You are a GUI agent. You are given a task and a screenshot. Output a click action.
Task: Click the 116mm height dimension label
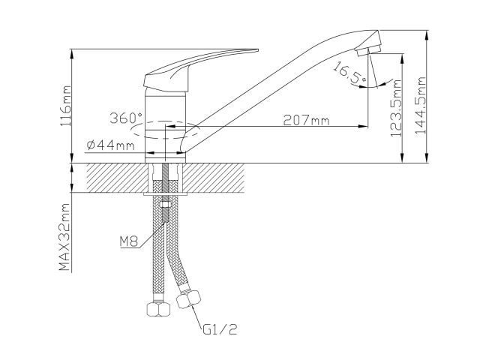coord(68,105)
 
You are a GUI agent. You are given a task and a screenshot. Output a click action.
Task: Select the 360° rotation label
coord(125,118)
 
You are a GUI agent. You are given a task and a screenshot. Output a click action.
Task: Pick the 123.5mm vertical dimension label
coord(398,106)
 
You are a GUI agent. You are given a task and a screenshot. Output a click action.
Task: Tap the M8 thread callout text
coord(129,241)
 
